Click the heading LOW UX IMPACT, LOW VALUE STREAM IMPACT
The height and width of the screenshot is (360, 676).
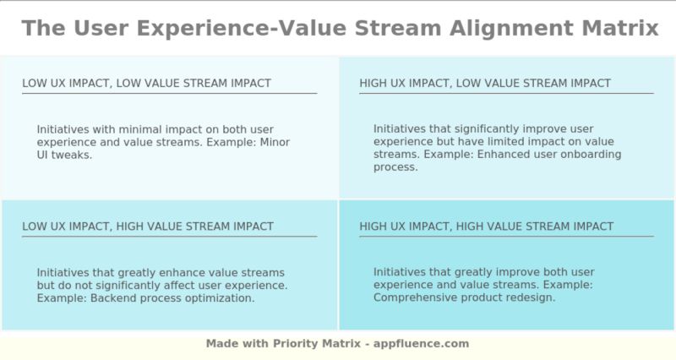(x=146, y=83)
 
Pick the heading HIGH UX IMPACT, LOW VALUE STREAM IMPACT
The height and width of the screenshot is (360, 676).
(x=485, y=83)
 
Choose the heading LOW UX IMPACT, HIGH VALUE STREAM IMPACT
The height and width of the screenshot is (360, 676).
(x=148, y=226)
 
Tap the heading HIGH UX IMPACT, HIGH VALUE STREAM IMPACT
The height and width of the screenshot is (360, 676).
(x=487, y=226)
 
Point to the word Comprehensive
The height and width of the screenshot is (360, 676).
(x=415, y=297)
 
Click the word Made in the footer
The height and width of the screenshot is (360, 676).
(x=221, y=344)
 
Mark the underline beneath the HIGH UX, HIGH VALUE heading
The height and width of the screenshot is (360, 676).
(x=506, y=237)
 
